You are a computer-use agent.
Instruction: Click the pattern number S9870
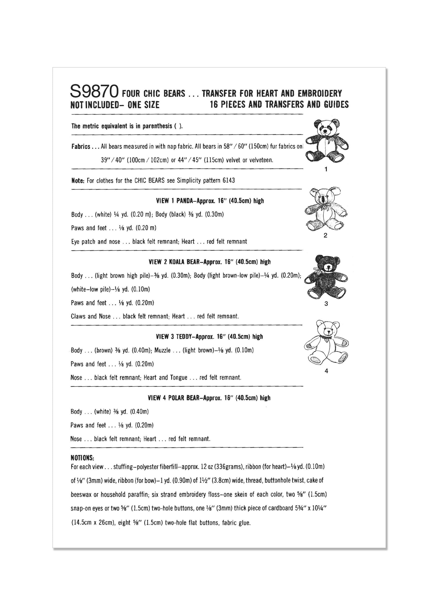(x=94, y=92)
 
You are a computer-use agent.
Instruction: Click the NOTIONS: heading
(x=82, y=458)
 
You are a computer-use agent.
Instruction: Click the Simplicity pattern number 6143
(x=229, y=181)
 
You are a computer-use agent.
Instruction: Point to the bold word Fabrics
(x=81, y=147)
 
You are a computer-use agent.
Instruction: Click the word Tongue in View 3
(x=179, y=377)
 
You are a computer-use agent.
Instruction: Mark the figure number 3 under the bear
(x=326, y=304)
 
